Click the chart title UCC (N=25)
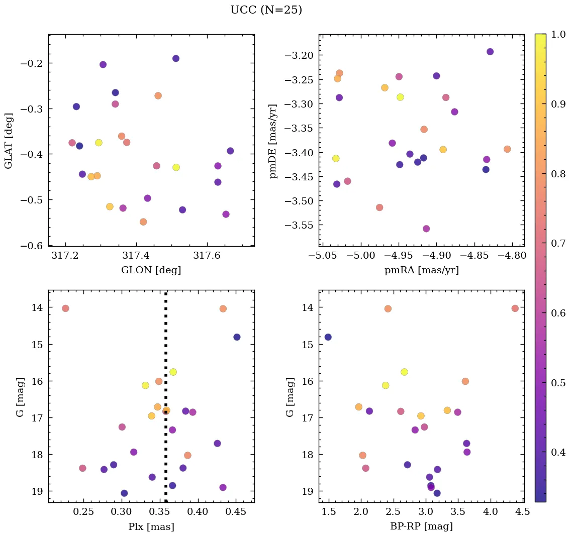(x=266, y=10)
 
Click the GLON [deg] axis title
(x=151, y=270)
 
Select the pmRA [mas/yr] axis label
(x=421, y=270)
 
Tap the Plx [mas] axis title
(x=151, y=526)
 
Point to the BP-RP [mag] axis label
(x=421, y=526)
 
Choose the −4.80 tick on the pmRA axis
(x=512, y=257)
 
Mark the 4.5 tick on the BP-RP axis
(x=522, y=512)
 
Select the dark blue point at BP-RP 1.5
(x=328, y=337)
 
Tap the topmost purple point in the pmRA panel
(x=490, y=52)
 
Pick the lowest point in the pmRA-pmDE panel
(x=426, y=229)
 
